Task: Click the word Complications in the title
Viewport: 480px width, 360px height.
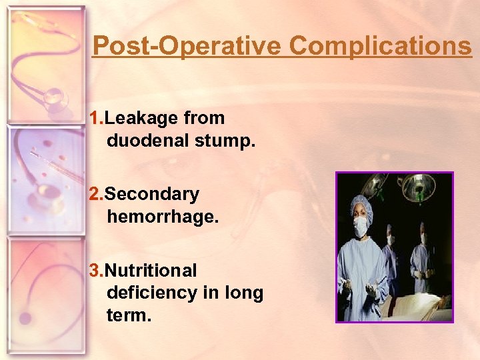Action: (x=381, y=47)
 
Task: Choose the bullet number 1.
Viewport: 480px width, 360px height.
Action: (x=95, y=119)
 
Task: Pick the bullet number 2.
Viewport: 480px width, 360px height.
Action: (x=95, y=195)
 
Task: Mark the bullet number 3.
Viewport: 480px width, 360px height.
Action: (x=95, y=271)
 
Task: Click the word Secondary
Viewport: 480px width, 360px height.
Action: (x=152, y=195)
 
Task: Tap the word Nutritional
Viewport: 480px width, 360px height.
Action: (x=151, y=271)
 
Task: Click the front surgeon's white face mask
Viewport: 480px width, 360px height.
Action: (x=360, y=227)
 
